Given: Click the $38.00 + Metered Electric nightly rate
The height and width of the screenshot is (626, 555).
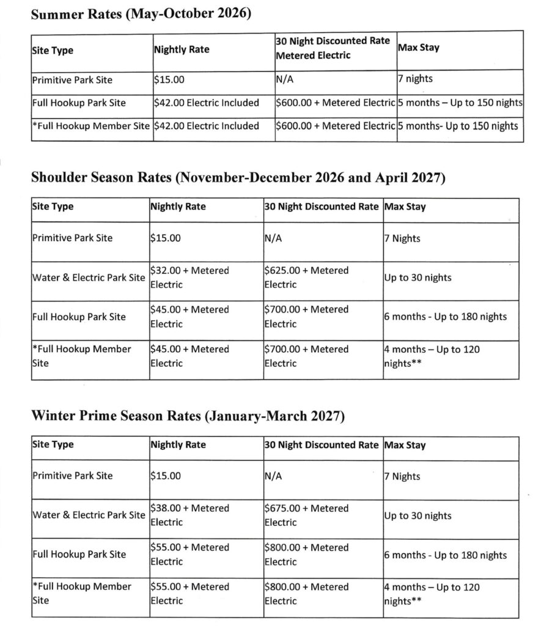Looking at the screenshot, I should click(x=189, y=515).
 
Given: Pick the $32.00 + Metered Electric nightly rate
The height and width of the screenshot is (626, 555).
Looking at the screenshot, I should click(x=189, y=277).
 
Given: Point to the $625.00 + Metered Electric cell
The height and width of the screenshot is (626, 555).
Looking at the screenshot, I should click(x=306, y=277).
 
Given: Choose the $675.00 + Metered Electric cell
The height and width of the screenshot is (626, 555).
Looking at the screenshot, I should click(x=306, y=515).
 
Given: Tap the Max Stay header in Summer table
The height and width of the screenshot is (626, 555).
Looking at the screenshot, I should click(x=419, y=47).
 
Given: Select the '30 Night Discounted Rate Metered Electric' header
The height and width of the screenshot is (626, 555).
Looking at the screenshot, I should click(x=333, y=48).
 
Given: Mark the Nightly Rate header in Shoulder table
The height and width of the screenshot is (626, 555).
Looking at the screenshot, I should click(x=178, y=207).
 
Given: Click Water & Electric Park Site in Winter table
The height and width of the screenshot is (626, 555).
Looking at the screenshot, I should click(x=89, y=515).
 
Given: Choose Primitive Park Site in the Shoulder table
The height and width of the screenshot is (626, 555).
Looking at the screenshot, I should click(x=72, y=238).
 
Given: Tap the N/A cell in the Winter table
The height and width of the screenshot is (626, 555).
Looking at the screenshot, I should click(x=273, y=475).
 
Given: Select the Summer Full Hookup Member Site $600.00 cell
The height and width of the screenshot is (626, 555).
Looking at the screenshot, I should click(x=336, y=126).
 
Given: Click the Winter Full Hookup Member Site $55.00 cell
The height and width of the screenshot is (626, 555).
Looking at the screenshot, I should click(x=189, y=593).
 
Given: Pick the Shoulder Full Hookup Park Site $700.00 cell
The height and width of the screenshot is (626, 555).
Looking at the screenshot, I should click(x=306, y=316).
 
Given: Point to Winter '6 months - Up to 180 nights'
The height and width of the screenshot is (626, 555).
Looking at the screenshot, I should click(x=446, y=554).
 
